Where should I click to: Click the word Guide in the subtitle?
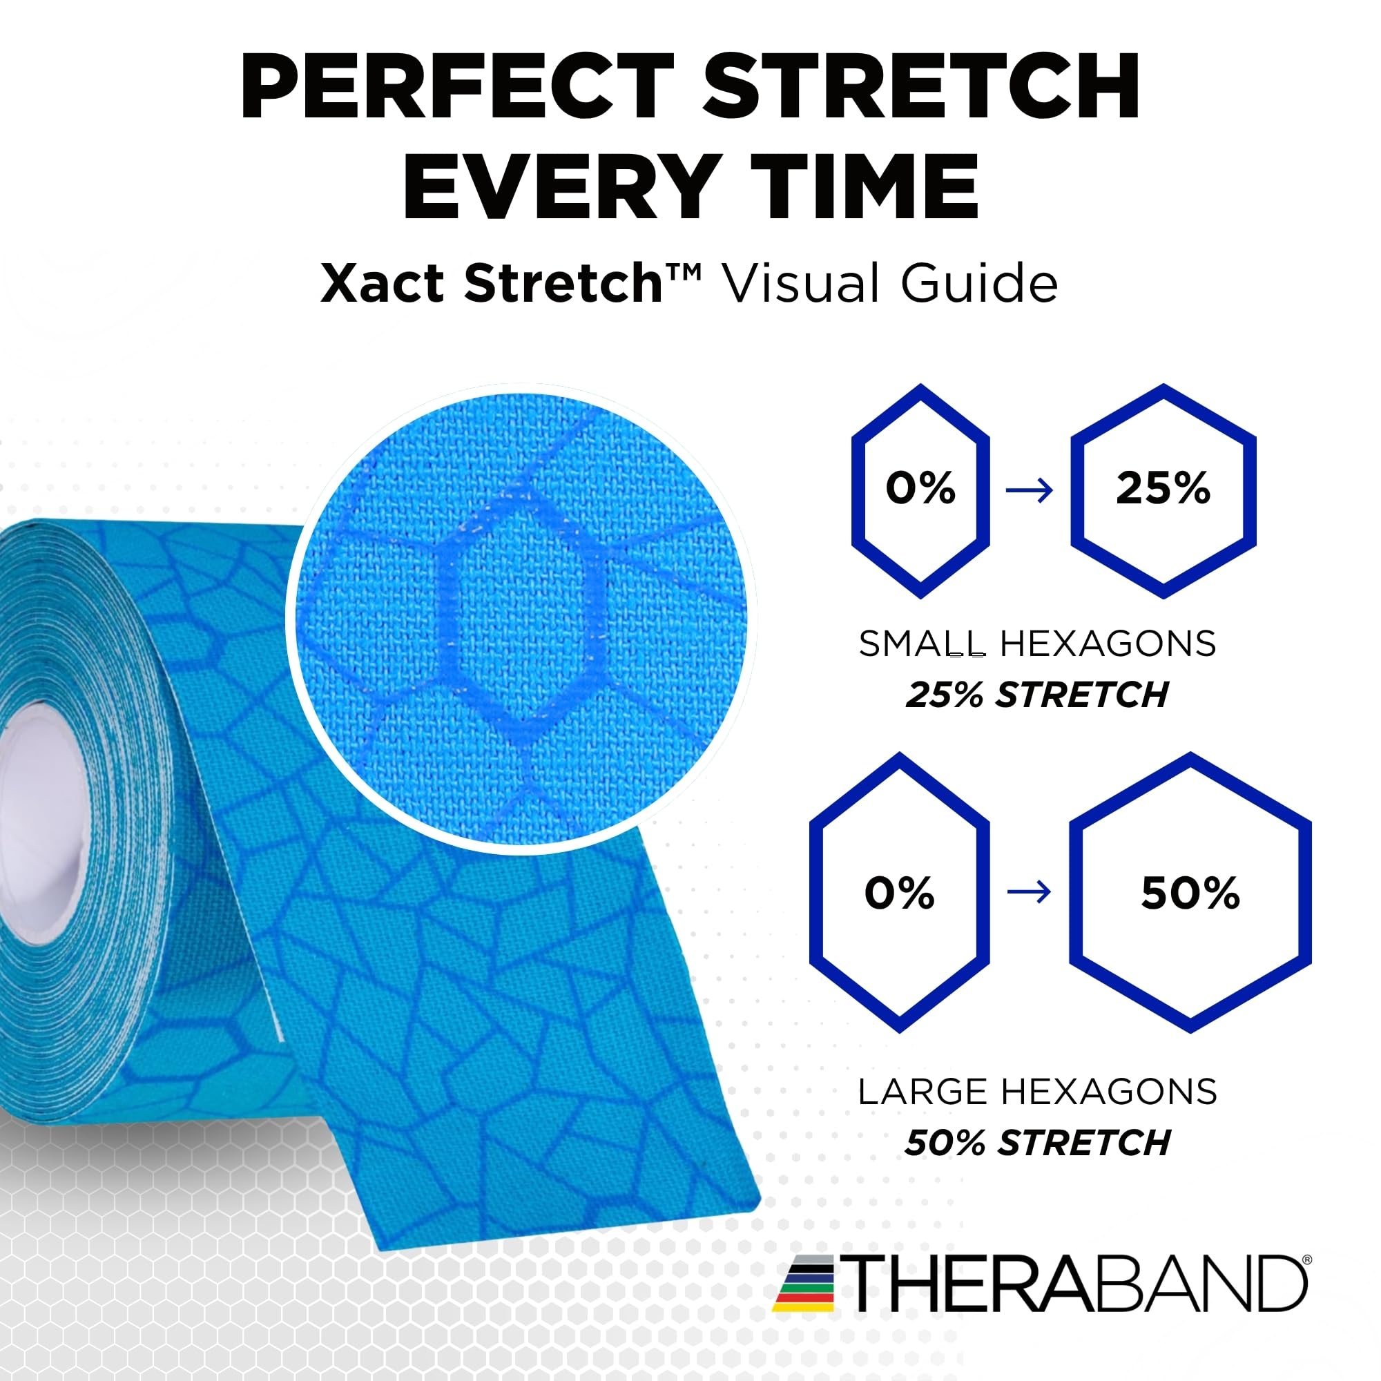tap(978, 284)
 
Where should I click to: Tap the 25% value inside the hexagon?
tap(1163, 489)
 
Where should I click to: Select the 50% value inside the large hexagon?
tap(1190, 893)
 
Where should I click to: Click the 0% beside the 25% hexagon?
tap(920, 489)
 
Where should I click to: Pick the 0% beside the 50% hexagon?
tap(899, 893)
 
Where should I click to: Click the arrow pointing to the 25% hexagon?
tap(1030, 490)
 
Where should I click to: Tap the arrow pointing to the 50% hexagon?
tap(1030, 892)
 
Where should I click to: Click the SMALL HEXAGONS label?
tap(1037, 644)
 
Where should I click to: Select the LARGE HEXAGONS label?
tap(1037, 1092)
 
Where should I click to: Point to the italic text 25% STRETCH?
tap(1036, 695)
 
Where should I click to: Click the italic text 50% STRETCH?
tap(1036, 1142)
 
